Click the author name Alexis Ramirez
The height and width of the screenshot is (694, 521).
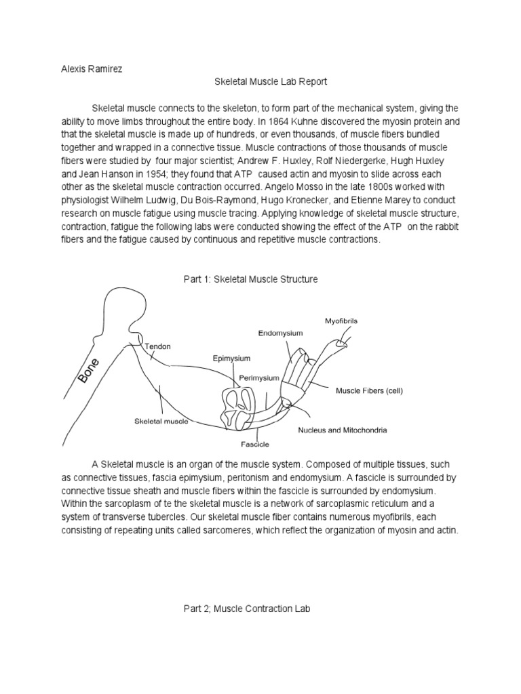(x=88, y=68)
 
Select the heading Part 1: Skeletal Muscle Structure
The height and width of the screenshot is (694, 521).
(x=250, y=279)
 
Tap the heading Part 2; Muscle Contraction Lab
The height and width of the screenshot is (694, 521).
(x=246, y=609)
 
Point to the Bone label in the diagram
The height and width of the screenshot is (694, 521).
(x=89, y=371)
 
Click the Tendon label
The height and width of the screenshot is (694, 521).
(x=158, y=346)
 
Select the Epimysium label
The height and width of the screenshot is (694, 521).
(x=232, y=359)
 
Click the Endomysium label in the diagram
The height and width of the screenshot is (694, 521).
(x=280, y=333)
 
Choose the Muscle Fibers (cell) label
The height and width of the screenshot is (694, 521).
(x=370, y=390)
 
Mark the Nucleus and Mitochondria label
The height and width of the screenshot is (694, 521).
(x=340, y=430)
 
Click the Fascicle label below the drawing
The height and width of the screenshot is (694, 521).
(x=256, y=445)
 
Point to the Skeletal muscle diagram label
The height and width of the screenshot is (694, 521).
(x=161, y=421)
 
